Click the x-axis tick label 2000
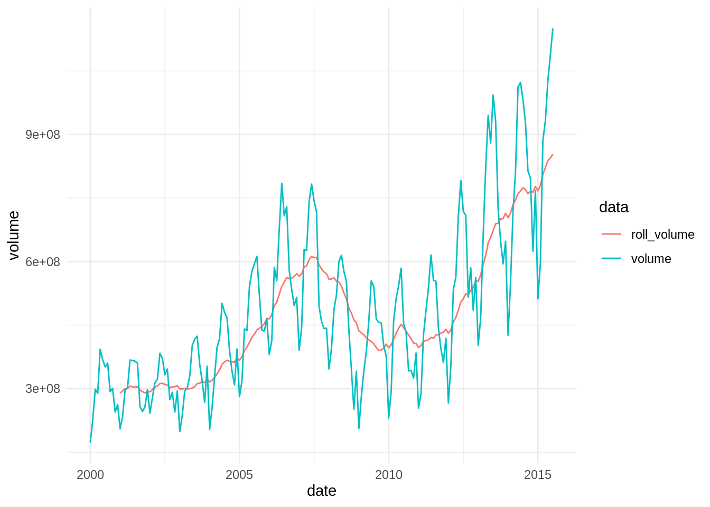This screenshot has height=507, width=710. (90, 475)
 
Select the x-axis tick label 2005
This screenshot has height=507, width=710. (239, 475)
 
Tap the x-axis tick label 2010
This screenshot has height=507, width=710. (389, 475)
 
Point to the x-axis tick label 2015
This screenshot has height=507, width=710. (538, 475)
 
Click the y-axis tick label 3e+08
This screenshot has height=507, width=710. (43, 389)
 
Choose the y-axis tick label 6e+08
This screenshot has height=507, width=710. (43, 262)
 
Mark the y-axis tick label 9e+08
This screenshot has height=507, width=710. (43, 135)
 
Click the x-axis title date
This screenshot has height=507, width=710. (321, 491)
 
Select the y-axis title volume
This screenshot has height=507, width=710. (14, 236)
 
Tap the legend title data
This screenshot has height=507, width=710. (613, 207)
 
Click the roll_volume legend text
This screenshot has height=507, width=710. (662, 234)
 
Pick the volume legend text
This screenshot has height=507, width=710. (651, 259)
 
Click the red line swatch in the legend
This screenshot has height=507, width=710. (611, 234)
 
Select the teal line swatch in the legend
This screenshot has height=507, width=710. (611, 259)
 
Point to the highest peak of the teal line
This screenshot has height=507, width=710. (553, 29)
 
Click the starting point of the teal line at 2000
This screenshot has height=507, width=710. (90, 442)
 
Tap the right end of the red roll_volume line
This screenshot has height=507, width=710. (553, 154)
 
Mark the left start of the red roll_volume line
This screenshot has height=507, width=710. (120, 392)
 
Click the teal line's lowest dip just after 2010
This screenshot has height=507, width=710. (389, 418)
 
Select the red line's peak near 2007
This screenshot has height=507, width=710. (312, 256)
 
